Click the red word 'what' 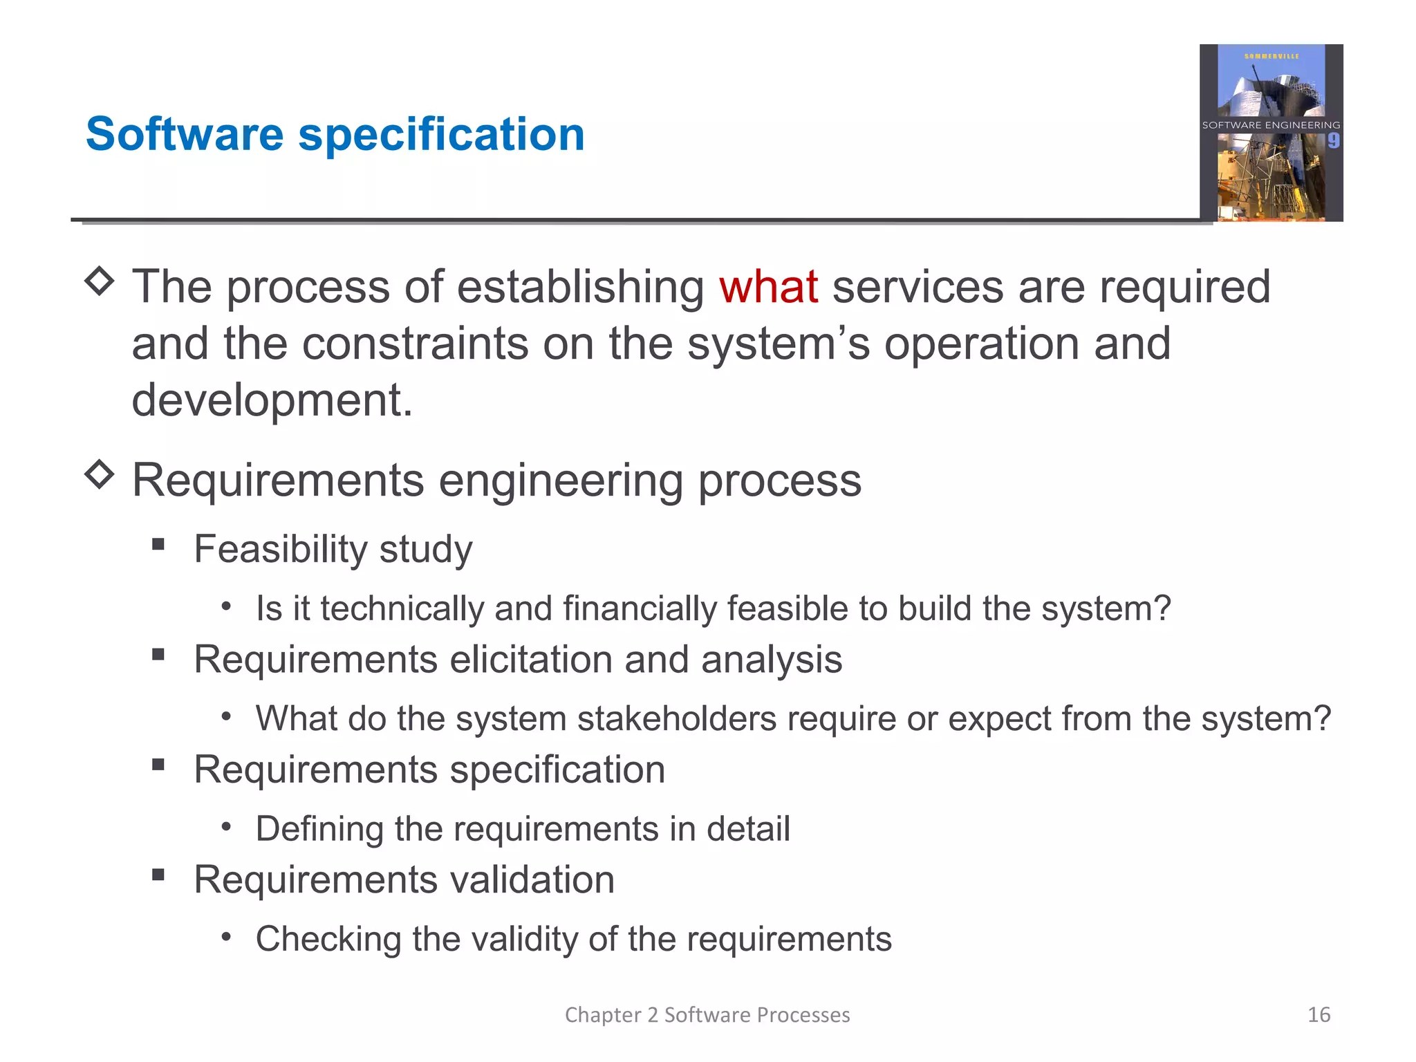coord(768,287)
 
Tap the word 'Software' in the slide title coord(185,134)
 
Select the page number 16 coord(1319,1014)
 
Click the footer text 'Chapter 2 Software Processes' coord(707,1014)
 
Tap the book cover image coord(1271,133)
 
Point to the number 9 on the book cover coord(1333,141)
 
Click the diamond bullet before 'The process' coord(100,281)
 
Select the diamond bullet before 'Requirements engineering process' coord(100,475)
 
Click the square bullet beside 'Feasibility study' coord(158,544)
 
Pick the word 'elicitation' coord(531,659)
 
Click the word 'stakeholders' coord(677,718)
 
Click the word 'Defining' coord(319,828)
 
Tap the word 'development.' coord(272,400)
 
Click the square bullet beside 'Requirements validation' coord(158,875)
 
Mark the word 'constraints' coord(415,344)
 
